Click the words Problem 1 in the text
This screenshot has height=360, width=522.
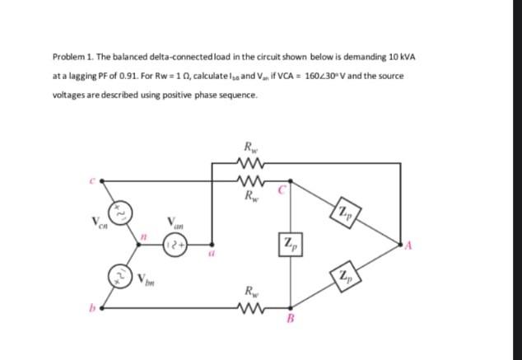[71, 56]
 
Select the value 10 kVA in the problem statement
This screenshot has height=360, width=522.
[402, 56]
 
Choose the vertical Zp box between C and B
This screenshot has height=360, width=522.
[288, 244]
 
